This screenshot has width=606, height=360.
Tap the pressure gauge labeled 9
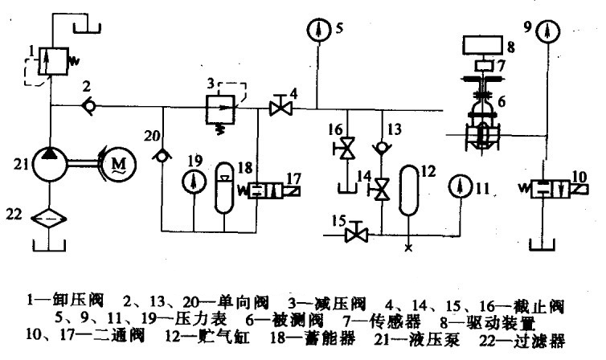(549, 31)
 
